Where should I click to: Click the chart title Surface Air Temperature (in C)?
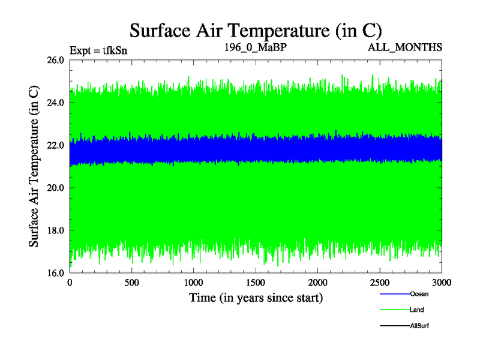[x=256, y=29]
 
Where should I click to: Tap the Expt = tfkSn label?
[x=98, y=50]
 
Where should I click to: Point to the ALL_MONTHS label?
[x=406, y=47]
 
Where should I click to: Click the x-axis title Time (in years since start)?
[x=256, y=298]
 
